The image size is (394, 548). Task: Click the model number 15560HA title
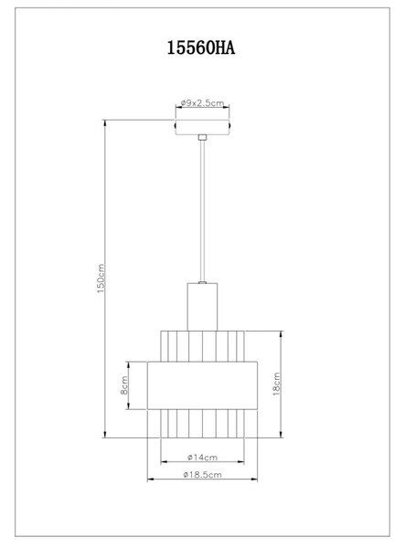pos(201,47)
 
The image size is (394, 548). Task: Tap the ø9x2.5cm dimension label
pos(202,103)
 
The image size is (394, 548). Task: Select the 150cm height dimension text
pos(101,279)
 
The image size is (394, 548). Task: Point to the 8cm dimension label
pos(124,385)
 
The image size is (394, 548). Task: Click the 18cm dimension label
pos(276,384)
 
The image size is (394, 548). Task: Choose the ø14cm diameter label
pos(202,458)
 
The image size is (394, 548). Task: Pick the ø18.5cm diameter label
pos(202,475)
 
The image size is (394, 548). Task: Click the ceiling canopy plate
pos(202,127)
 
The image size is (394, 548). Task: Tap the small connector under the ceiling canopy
pos(202,137)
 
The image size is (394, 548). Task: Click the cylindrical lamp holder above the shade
pos(202,307)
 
